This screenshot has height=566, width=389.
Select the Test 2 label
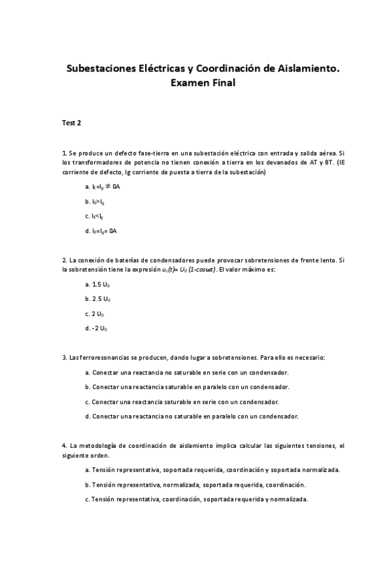coord(72,123)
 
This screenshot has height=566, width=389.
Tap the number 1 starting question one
coord(63,153)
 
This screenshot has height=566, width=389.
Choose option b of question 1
coord(96,201)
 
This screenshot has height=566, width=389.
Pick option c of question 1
coord(96,216)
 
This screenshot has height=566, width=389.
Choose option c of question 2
coord(95,314)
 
